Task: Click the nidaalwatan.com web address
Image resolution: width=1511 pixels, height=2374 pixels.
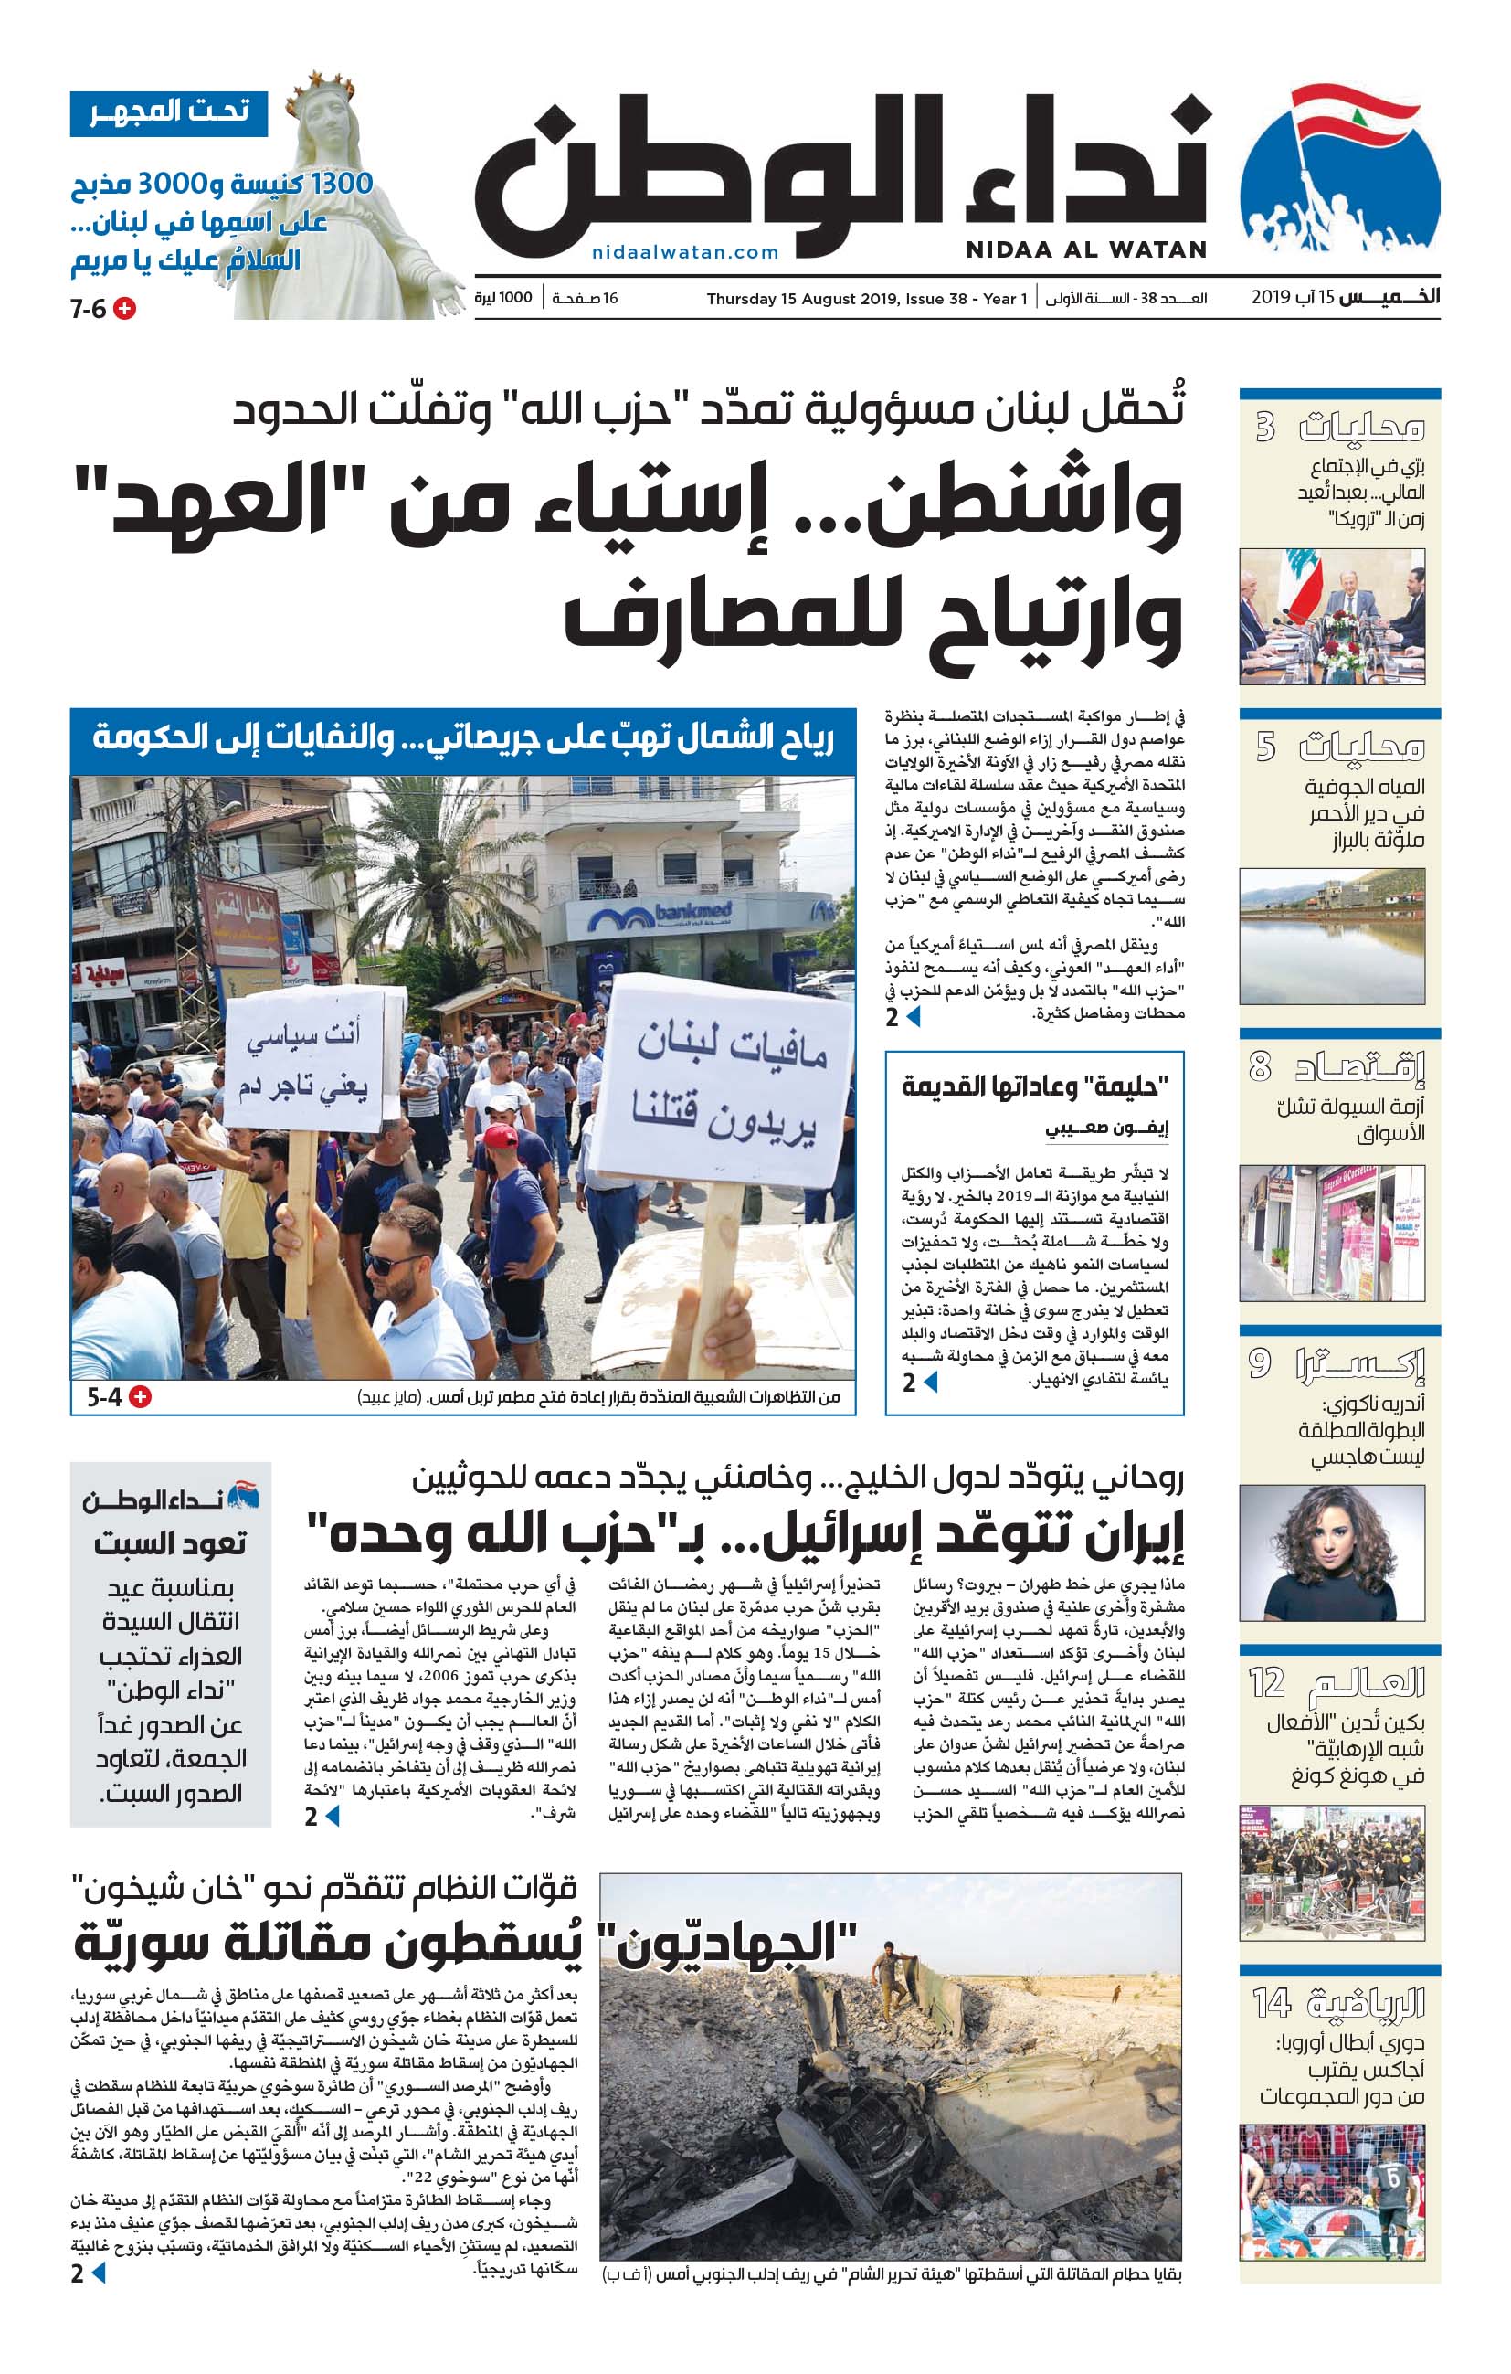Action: pos(685,252)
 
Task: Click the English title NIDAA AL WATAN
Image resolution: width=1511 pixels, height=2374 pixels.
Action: pos(1085,249)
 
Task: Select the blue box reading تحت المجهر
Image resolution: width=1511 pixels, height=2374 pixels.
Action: pos(168,112)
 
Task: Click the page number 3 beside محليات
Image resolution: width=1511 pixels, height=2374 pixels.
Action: pos(1264,427)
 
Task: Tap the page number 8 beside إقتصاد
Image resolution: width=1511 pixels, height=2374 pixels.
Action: pos(1260,1065)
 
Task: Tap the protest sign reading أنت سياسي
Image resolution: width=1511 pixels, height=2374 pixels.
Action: pos(302,1060)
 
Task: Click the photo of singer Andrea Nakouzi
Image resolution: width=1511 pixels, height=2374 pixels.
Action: pos(1332,1553)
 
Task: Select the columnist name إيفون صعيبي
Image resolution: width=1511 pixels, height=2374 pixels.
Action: pos(1106,1129)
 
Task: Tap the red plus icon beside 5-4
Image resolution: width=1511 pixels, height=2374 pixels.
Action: pos(141,1397)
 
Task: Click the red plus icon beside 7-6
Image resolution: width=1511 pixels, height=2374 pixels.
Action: pos(125,309)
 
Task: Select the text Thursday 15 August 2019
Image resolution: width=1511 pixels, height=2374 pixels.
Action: pos(798,299)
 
